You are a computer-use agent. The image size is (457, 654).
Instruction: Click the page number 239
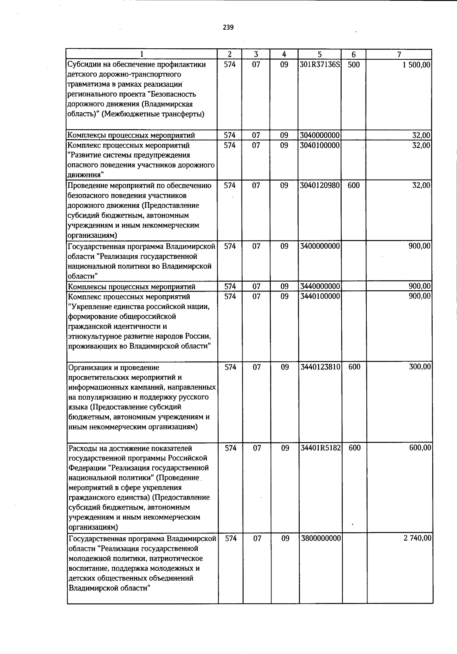[x=228, y=27]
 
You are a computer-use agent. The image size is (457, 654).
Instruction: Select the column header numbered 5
[x=320, y=54]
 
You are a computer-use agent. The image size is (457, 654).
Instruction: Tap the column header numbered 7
[x=399, y=54]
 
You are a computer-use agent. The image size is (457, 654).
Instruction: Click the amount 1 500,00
[x=416, y=65]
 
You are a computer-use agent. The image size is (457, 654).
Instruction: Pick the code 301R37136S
[x=320, y=65]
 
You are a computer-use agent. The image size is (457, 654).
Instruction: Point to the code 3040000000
[x=320, y=135]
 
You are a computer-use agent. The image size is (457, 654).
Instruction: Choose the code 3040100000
[x=320, y=145]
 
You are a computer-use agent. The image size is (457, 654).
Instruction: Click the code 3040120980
[x=320, y=185]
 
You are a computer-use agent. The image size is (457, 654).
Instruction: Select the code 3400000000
[x=320, y=246]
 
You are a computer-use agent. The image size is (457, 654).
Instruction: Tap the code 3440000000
[x=320, y=286]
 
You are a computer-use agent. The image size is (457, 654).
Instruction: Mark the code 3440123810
[x=320, y=367]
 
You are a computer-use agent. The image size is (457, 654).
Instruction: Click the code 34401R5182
[x=320, y=448]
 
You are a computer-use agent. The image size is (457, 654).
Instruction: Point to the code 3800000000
[x=321, y=538]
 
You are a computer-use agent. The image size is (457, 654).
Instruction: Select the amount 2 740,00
[x=417, y=538]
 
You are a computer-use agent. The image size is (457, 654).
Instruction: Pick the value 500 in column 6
[x=354, y=65]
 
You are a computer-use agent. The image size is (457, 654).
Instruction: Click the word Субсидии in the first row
[x=82, y=65]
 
